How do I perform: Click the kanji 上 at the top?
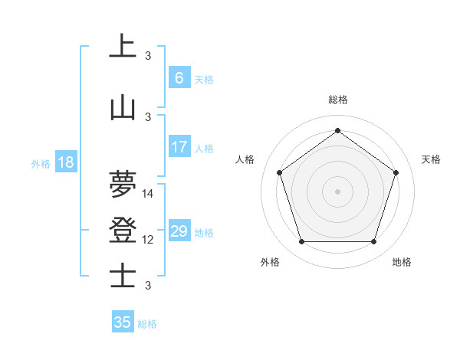[123, 46]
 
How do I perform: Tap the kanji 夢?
[123, 184]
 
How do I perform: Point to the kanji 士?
[123, 276]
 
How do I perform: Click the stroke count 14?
[148, 194]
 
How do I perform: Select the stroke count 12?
[148, 240]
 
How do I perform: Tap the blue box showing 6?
[179, 78]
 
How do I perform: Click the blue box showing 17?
[179, 147]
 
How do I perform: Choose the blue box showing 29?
[179, 231]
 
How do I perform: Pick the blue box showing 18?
[65, 162]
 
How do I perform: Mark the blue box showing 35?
[123, 322]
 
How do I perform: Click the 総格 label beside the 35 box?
[147, 324]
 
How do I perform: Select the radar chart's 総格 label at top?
[338, 100]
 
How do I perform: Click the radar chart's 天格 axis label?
[431, 159]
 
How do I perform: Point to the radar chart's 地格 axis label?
[402, 262]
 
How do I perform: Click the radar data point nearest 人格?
[279, 172]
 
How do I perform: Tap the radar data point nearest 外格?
[301, 242]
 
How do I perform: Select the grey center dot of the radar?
[337, 191]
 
